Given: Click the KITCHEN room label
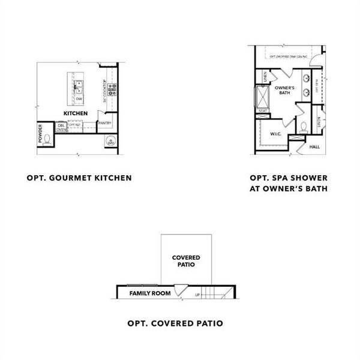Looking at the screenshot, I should [x=76, y=113].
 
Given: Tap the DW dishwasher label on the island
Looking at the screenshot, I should [x=79, y=100].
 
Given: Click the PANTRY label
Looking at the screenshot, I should [x=104, y=123].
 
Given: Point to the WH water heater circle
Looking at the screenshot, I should [x=110, y=142].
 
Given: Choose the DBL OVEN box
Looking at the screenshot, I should [x=61, y=127].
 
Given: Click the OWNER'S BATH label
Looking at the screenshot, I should [x=283, y=90].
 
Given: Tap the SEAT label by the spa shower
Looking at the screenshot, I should [x=262, y=111].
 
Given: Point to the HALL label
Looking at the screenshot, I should [x=314, y=146].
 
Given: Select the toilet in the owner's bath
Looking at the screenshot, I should [x=304, y=127].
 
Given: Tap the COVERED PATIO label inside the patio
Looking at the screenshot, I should [x=186, y=260].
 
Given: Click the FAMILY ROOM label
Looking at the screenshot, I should [x=150, y=293].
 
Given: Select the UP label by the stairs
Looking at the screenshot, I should [x=197, y=295].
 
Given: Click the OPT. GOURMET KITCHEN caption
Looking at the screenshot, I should [x=79, y=178].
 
